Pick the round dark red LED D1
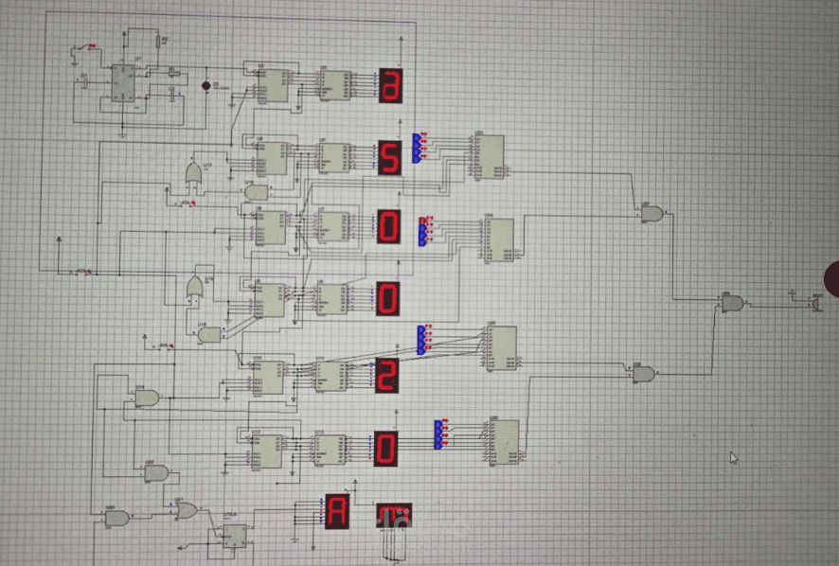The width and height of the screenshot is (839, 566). [206, 85]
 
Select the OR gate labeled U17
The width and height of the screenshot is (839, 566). [194, 174]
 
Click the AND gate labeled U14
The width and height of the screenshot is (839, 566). [147, 398]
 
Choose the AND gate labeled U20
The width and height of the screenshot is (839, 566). [116, 518]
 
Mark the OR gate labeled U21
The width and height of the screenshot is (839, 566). [186, 510]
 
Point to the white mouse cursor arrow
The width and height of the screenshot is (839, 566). [733, 458]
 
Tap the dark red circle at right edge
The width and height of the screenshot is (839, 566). [831, 279]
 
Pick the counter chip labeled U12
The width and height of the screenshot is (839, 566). [269, 451]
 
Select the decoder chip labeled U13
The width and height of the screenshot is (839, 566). [330, 448]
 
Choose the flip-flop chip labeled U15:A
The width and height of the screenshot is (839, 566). [233, 536]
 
